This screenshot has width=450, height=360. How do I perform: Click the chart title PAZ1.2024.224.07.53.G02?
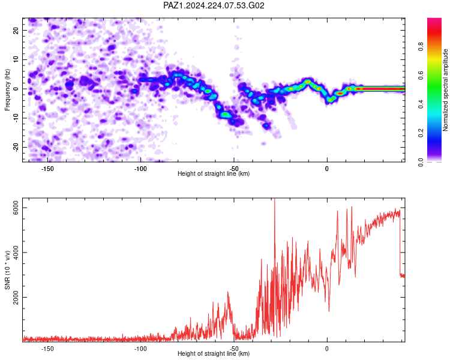coord(214,5)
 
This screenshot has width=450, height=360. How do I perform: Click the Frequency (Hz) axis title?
coord(7,90)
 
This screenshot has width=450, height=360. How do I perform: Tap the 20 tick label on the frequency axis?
coord(16,30)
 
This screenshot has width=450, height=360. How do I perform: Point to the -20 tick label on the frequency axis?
coord(16,148)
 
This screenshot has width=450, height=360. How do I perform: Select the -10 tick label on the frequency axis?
coord(16,118)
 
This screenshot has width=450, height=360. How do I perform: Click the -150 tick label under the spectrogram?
coord(47,169)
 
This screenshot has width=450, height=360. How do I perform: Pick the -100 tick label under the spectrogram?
coord(140,169)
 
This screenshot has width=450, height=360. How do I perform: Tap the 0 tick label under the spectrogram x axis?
coord(327,169)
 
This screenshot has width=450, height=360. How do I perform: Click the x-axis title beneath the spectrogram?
coord(214,173)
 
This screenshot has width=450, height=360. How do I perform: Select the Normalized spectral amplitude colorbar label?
coord(445,90)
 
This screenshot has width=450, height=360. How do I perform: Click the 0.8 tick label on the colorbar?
coord(421,47)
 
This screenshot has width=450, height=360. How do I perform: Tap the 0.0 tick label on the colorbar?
coord(421,162)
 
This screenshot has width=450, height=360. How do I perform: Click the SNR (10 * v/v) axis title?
coord(7,270)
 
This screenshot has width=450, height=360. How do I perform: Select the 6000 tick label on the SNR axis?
coord(16,207)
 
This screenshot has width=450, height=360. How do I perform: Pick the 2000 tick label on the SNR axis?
coord(16,298)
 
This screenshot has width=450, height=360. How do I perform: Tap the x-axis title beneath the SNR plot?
coord(214,353)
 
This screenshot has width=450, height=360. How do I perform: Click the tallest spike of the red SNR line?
coord(275,199)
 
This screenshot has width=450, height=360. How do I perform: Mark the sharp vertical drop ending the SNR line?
coord(400,244)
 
